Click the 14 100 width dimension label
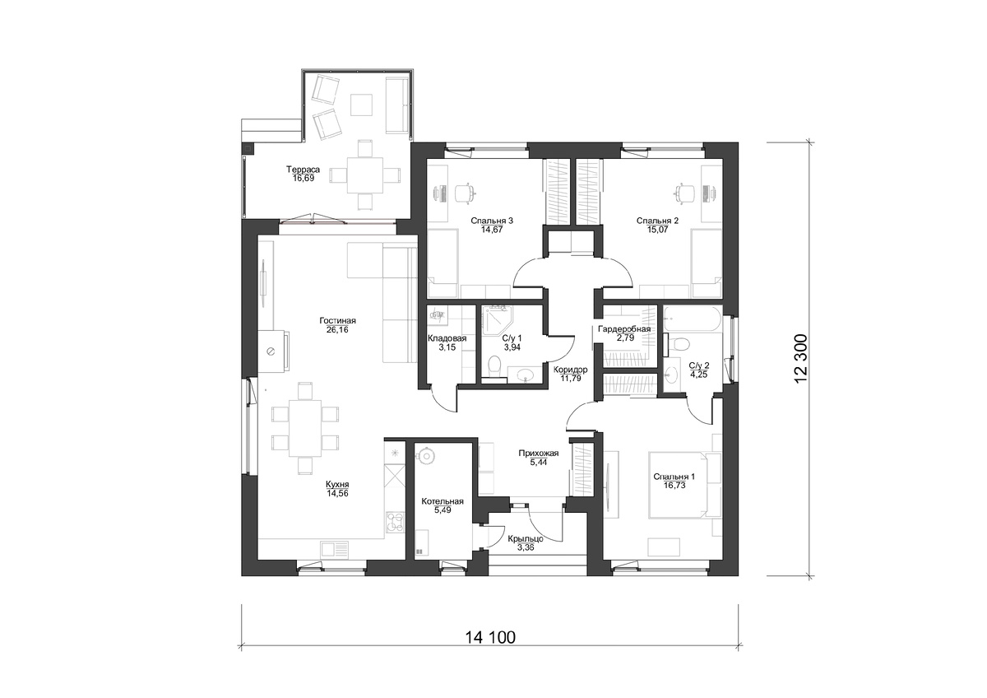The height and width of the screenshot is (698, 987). pyautogui.click(x=490, y=638)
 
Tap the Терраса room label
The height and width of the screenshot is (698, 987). pyautogui.click(x=304, y=170)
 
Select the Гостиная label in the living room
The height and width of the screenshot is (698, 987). pyautogui.click(x=337, y=321)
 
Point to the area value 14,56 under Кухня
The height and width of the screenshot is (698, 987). pyautogui.click(x=337, y=493)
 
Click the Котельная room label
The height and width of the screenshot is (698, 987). pyautogui.click(x=443, y=502)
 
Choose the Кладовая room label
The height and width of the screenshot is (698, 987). pyautogui.click(x=447, y=338)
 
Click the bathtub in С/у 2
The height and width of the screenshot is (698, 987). pyautogui.click(x=693, y=319)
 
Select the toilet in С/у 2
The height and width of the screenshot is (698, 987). pyautogui.click(x=679, y=343)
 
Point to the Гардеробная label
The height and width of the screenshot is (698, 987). pyautogui.click(x=624, y=329)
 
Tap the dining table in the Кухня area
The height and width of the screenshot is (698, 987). pyautogui.click(x=305, y=428)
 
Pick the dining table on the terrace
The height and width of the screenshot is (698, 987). pyautogui.click(x=365, y=175)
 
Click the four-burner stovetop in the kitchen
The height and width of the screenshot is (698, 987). pyautogui.click(x=396, y=522)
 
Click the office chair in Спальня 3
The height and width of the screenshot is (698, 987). pyautogui.click(x=465, y=193)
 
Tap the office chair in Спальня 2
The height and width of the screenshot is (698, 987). pyautogui.click(x=684, y=193)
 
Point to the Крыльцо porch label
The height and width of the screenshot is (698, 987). pyautogui.click(x=526, y=539)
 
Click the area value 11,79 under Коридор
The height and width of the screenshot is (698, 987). pyautogui.click(x=570, y=378)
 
